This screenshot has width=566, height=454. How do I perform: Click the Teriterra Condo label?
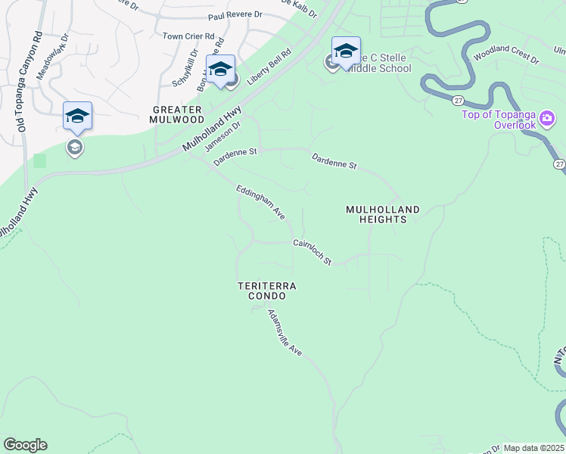266,291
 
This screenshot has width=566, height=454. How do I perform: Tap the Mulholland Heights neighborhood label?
377,214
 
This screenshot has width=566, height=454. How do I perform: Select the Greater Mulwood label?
176,114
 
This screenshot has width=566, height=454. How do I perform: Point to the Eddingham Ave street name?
260,202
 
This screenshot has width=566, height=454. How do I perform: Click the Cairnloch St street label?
313,252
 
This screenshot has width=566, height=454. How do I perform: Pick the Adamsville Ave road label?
285,332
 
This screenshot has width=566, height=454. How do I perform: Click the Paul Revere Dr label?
235,14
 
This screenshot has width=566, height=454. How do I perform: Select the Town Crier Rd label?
189,36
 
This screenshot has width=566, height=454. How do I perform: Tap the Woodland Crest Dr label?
505,58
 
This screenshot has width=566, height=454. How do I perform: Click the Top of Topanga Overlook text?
499,120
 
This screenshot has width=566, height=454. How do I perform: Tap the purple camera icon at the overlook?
547,119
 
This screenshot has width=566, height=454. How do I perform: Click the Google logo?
25,445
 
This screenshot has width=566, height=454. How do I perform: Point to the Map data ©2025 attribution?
534,448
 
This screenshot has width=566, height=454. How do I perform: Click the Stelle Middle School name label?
379,63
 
